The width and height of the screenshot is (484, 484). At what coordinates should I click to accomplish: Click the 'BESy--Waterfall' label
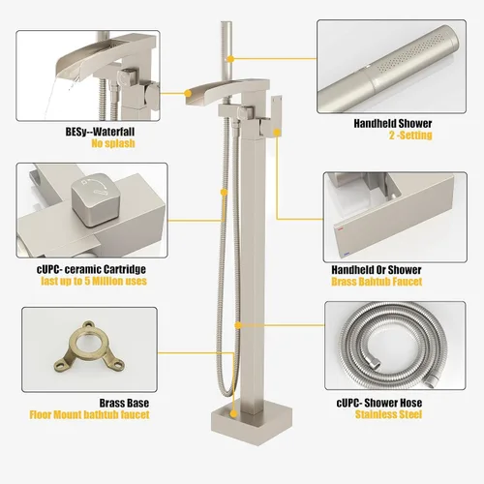[100, 132]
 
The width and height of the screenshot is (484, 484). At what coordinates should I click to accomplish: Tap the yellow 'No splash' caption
[113, 143]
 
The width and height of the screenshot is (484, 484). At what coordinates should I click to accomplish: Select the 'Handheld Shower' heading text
[393, 123]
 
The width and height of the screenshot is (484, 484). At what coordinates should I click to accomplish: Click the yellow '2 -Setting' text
[410, 135]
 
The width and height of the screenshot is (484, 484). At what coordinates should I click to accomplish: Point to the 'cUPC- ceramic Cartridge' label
[91, 269]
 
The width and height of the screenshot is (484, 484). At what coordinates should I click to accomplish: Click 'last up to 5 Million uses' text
[94, 281]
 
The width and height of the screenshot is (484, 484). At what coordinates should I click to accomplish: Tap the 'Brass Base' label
[124, 403]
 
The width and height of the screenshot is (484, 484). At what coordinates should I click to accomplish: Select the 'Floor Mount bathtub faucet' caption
[89, 414]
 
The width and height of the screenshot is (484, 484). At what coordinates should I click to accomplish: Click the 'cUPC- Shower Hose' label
[379, 403]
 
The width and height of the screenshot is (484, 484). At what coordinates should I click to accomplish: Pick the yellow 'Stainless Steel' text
[388, 414]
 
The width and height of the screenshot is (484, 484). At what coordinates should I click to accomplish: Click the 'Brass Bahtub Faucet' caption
[377, 282]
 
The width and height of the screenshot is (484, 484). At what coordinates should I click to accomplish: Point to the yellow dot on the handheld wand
[230, 59]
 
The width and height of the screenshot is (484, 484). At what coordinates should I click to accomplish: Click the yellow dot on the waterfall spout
[188, 93]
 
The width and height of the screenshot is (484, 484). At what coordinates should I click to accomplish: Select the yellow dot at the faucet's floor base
[233, 413]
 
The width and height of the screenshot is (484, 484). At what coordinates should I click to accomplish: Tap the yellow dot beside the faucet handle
[277, 132]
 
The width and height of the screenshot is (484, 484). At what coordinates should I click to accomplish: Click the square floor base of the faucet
[252, 422]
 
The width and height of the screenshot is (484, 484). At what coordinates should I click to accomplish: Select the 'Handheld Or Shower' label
[377, 270]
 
